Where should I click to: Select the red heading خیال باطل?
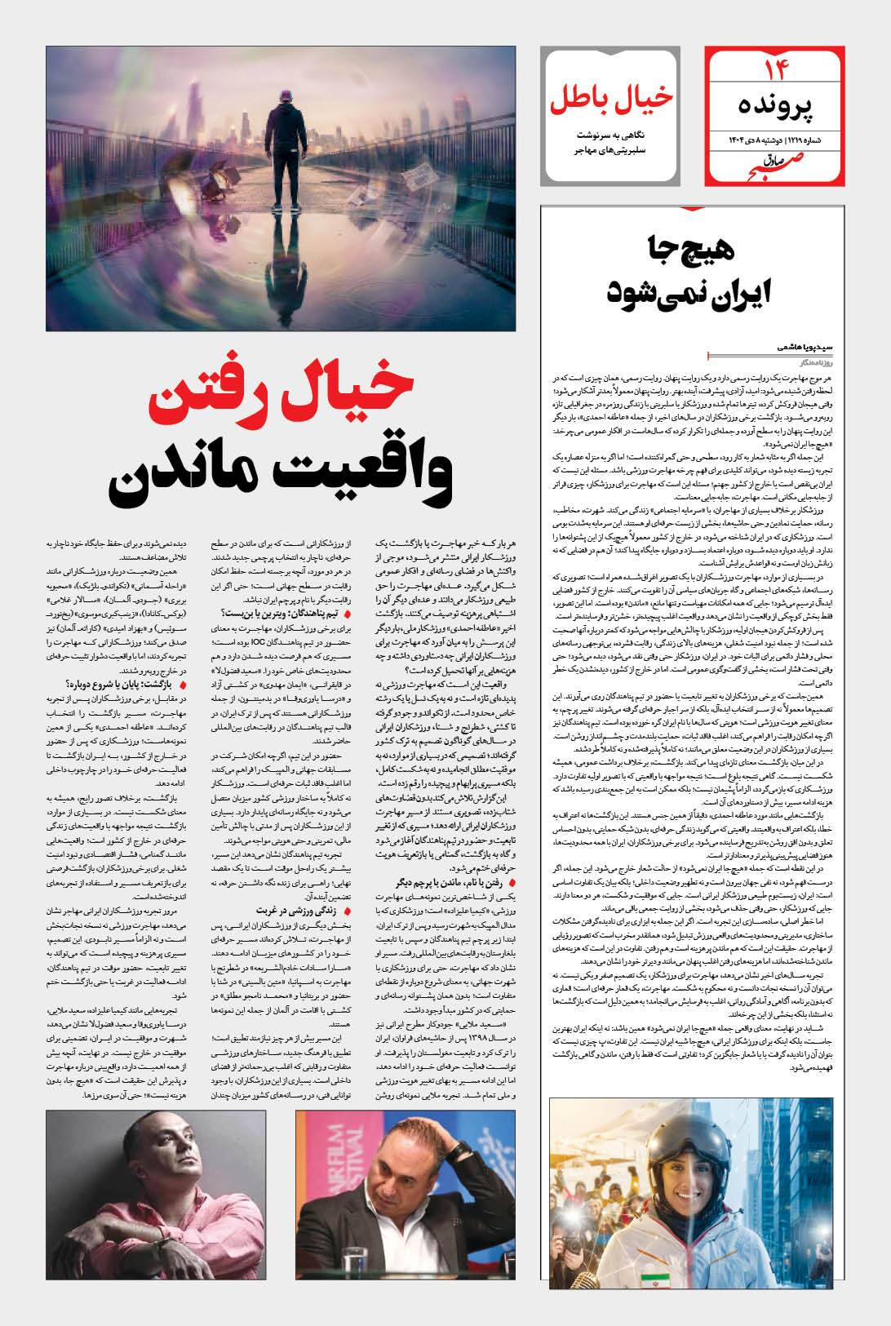tap(610, 95)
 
